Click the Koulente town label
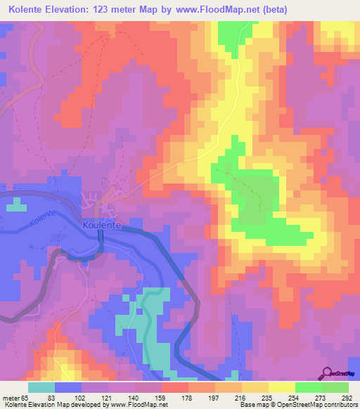pyautogui.click(x=103, y=225)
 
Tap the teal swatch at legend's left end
pyautogui.click(x=41, y=387)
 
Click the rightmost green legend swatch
pyautogui.click(x=335, y=387)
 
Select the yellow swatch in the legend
pyautogui.click(x=282, y=387)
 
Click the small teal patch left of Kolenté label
pyautogui.click(x=17, y=207)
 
